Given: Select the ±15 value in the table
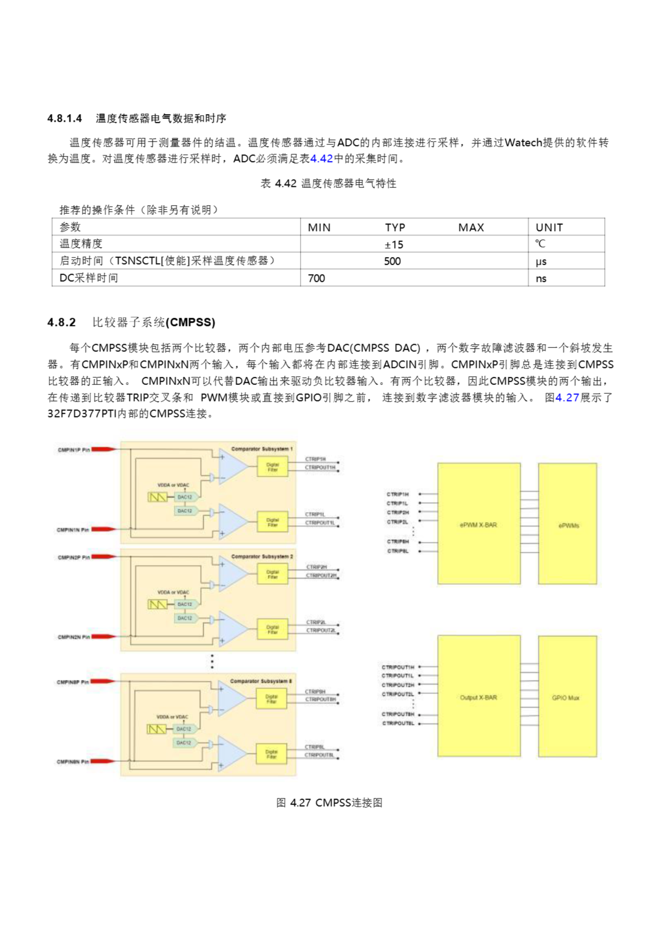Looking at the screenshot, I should click(393, 244).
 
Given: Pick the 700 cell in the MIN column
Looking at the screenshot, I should click(316, 278).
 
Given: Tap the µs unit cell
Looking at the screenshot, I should click(541, 261).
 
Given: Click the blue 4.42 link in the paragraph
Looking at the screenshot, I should click(321, 159).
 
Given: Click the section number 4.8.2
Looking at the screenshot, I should click(62, 322).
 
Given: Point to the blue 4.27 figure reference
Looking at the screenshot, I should click(567, 397).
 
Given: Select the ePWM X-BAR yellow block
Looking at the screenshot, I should click(478, 524).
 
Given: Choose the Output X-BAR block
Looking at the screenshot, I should click(478, 697).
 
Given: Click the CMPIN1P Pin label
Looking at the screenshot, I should click(74, 450).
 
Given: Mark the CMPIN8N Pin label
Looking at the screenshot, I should click(73, 761).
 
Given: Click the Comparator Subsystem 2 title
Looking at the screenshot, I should click(261, 556).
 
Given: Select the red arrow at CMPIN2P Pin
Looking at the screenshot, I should click(103, 557).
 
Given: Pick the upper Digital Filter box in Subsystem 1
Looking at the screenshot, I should click(273, 467).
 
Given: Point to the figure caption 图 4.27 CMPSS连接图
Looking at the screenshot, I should click(329, 803).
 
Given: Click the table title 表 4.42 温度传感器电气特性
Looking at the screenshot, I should click(328, 183).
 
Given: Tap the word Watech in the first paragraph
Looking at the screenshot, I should click(523, 142).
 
